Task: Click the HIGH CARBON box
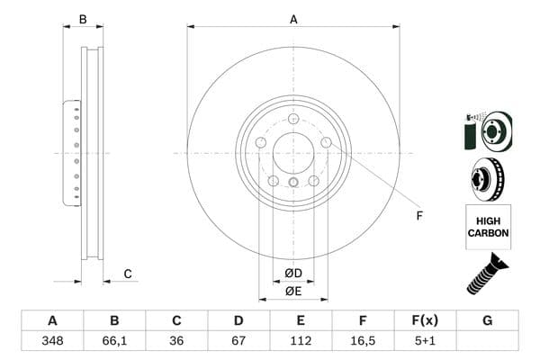point(488,227)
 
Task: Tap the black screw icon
point(487,274)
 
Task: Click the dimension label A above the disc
point(292,18)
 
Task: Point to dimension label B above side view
point(83,18)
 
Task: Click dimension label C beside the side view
point(128,273)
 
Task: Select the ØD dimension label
point(292,273)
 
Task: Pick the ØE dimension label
point(292,291)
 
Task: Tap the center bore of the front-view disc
point(292,152)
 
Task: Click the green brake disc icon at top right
point(487,131)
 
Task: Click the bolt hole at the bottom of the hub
point(292,184)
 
